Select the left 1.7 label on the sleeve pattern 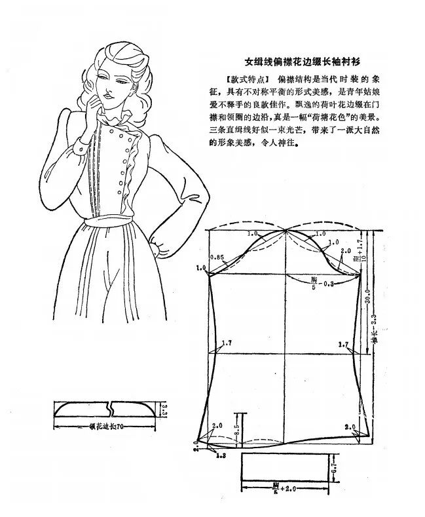click(x=227, y=343)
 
